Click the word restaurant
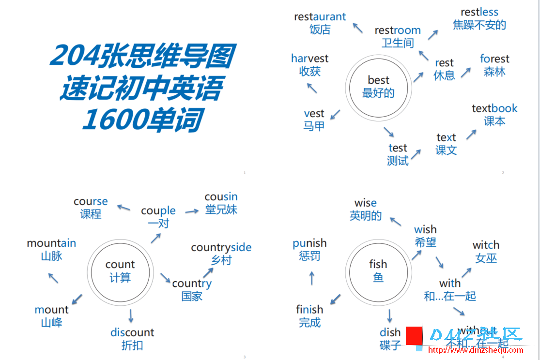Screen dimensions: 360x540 click(320, 17)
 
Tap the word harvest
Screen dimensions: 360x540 click(309, 59)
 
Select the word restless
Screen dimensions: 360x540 click(479, 12)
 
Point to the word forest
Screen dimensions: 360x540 click(494, 59)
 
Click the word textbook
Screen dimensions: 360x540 click(494, 108)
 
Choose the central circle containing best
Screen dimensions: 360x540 click(378, 87)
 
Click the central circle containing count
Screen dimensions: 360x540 click(120, 271)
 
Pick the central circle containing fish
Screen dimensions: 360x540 click(378, 270)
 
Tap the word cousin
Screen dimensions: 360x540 click(221, 197)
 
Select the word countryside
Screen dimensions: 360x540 click(221, 248)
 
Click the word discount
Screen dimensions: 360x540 click(132, 332)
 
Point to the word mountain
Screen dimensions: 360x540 click(51, 243)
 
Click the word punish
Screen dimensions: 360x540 click(309, 243)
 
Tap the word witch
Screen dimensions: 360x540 click(486, 245)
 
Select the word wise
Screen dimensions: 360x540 click(365, 203)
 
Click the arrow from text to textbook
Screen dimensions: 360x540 click(471, 134)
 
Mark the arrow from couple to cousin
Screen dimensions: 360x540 click(192, 211)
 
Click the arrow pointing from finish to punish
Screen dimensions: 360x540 click(312, 278)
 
